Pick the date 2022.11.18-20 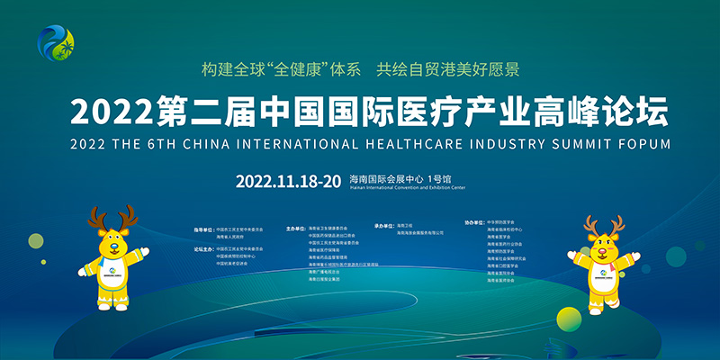click(288, 180)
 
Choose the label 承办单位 click(385, 225)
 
